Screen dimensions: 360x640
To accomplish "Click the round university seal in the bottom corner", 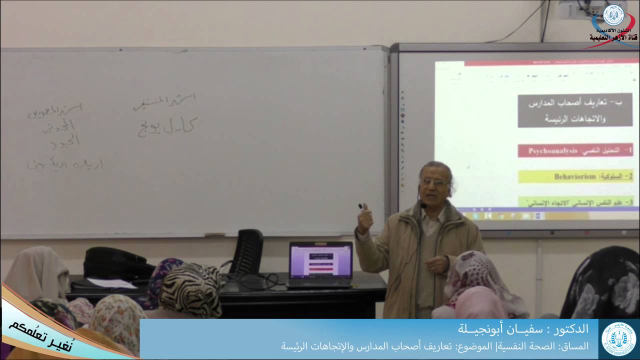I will (619, 338).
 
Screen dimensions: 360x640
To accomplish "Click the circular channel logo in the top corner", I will (613, 15).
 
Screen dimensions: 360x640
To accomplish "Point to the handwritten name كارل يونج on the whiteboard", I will (165, 127).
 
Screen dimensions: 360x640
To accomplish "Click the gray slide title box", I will (575, 111).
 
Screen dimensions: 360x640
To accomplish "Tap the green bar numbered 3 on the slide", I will (575, 202).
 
